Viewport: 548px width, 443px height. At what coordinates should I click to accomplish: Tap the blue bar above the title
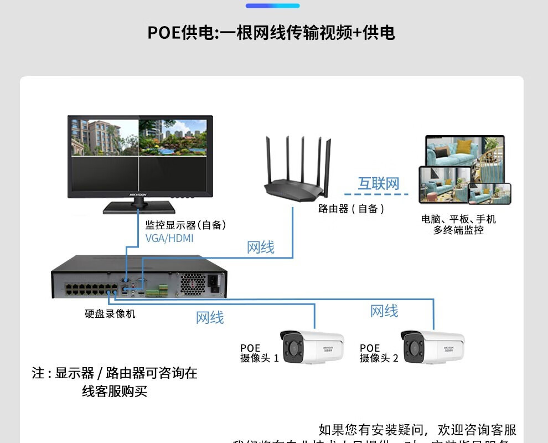point(272,6)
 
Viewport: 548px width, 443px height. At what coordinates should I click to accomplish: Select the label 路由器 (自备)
point(351,209)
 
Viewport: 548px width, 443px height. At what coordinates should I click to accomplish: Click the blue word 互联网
point(378,184)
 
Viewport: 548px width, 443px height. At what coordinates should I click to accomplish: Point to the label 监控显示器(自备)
point(185,225)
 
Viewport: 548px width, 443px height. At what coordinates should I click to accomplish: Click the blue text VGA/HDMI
point(169,239)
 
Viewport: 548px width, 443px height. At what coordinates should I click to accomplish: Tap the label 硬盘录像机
point(110,314)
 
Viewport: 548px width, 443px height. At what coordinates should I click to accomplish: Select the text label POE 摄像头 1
point(259,353)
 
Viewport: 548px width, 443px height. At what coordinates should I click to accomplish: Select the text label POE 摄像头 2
point(379,353)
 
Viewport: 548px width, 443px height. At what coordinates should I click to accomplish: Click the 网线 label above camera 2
point(384,311)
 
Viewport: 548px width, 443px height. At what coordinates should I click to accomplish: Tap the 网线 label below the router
point(260,248)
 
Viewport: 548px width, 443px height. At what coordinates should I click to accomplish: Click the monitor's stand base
point(139,208)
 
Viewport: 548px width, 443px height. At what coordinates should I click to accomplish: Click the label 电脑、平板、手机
point(458,219)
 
